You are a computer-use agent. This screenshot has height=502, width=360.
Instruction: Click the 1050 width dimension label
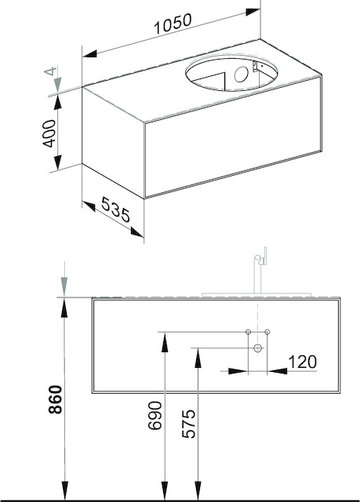coord(173,24)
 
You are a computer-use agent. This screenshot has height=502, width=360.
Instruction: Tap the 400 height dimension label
coord(49,133)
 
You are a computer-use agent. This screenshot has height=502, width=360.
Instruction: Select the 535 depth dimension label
coord(116,209)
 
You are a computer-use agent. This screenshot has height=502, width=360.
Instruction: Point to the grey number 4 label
coord(50,71)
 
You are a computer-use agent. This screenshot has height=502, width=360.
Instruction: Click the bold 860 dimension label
coord(55,399)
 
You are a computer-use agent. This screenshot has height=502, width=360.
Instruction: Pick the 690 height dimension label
coord(155,415)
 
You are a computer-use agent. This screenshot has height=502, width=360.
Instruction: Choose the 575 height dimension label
coord(188,424)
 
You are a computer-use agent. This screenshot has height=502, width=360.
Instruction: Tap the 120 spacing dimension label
coord(303,362)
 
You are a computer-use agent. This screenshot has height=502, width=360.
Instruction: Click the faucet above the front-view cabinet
coord(260,270)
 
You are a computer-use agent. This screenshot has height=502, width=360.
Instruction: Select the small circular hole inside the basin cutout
coord(241,75)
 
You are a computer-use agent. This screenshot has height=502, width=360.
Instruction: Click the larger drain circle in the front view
coord(257,348)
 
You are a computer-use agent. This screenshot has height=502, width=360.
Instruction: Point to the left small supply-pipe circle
coord(248,332)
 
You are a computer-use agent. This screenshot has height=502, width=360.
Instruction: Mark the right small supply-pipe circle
coord(267,332)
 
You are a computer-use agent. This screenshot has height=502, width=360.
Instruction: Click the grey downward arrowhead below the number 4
coord(57,85)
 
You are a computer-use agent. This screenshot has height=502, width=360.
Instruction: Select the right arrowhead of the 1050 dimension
coord(253,12)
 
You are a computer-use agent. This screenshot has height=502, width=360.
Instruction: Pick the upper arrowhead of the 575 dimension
coord(198,358)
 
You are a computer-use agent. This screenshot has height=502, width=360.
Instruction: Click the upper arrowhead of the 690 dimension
coord(165,343)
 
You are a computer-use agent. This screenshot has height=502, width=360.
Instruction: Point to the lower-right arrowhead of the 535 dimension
coord(137,232)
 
